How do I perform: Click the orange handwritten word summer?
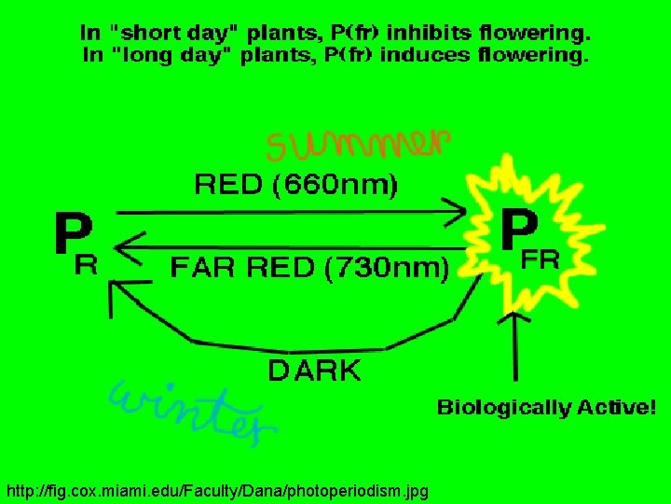pos(359,145)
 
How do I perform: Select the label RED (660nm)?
pos(295,186)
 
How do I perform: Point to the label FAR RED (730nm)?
pos(309,269)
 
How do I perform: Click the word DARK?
pos(314,371)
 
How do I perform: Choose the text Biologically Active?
pos(546,408)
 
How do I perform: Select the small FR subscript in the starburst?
pos(541,261)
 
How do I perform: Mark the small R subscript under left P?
pos(86,266)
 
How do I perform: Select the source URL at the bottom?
pos(216,490)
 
